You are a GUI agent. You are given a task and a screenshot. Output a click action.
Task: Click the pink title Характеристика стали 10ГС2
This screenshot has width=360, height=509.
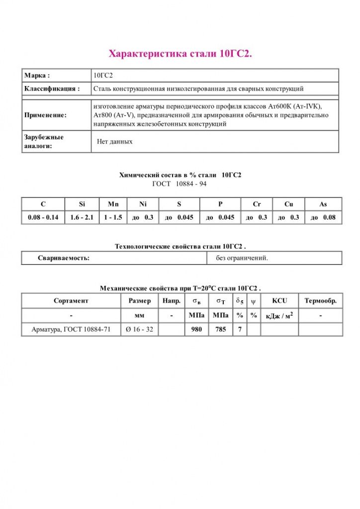click(180, 54)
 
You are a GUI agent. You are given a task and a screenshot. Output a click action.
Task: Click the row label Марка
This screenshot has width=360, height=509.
click(37, 76)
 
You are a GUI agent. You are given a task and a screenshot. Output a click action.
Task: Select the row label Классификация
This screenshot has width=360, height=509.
click(52, 88)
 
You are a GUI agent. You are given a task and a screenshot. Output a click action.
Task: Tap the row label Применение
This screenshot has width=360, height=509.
click(45, 115)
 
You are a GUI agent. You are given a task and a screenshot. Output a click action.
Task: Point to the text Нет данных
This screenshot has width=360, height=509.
click(115, 142)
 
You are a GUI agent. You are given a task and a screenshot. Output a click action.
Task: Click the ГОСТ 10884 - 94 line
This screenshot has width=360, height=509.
click(180, 184)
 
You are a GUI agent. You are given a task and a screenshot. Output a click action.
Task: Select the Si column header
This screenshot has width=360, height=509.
click(82, 204)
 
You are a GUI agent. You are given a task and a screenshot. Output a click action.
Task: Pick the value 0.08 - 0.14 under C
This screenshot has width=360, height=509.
click(43, 217)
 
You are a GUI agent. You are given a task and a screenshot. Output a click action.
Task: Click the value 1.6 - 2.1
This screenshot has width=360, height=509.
click(82, 217)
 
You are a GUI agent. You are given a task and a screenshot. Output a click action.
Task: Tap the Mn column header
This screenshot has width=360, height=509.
click(113, 204)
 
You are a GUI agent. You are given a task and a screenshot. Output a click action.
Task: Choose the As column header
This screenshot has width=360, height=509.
click(323, 204)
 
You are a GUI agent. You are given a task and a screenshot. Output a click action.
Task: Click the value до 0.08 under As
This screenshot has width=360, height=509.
click(323, 217)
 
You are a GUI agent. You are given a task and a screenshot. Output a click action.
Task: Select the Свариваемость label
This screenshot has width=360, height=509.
click(64, 258)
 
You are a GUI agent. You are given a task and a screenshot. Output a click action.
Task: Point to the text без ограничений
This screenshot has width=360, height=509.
click(242, 258)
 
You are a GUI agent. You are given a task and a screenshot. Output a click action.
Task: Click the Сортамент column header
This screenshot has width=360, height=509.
click(71, 301)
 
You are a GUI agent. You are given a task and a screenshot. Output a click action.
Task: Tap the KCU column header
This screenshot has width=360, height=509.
click(279, 301)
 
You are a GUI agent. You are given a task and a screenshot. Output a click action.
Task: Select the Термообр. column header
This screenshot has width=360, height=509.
click(320, 301)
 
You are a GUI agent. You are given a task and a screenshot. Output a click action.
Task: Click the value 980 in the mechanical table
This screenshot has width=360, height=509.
click(196, 330)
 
